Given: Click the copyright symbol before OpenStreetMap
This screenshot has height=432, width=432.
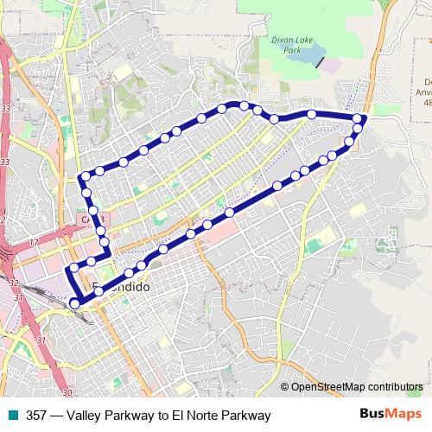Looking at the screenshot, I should (285, 387).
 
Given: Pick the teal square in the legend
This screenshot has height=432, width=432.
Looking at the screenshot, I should (13, 416).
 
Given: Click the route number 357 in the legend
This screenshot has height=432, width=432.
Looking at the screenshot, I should (36, 416).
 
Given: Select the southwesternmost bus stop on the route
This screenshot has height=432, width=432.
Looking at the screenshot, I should (75, 303).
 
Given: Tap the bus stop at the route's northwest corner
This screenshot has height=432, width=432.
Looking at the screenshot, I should (85, 177).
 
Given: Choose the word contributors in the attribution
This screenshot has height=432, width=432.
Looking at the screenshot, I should (396, 387).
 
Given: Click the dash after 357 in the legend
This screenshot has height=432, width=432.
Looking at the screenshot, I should (54, 416).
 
